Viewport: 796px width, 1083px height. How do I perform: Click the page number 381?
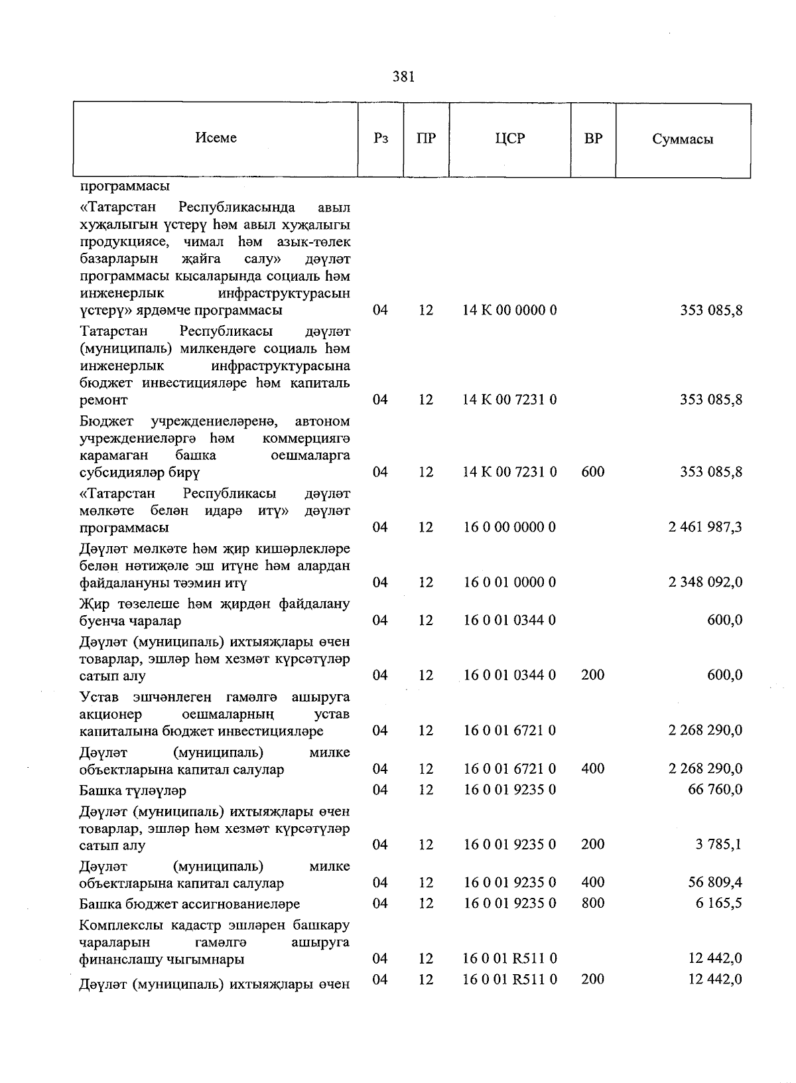click(x=403, y=77)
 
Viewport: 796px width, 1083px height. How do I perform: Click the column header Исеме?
click(x=216, y=138)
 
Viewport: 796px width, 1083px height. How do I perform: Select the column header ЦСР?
click(x=509, y=139)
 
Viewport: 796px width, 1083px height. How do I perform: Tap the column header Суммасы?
click(x=683, y=139)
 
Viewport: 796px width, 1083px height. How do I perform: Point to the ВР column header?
click(x=593, y=139)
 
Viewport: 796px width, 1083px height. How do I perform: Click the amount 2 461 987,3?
click(x=706, y=528)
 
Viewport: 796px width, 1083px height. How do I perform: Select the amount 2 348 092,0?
click(x=706, y=583)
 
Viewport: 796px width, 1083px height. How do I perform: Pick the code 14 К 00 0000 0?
click(x=509, y=310)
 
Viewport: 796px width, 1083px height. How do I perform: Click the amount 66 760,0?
click(x=715, y=790)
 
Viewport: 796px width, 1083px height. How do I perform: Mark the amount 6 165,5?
click(x=718, y=903)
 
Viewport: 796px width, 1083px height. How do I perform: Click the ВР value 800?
click(x=592, y=903)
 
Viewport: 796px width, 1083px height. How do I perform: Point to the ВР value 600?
click(x=592, y=472)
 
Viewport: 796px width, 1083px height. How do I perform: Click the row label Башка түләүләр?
click(x=133, y=791)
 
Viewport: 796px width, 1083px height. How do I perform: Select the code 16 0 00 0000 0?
click(x=509, y=528)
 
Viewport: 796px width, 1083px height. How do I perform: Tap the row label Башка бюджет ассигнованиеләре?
click(x=189, y=904)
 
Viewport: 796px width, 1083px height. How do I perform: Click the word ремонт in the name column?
click(x=103, y=400)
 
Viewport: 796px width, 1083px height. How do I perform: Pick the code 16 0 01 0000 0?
click(x=509, y=583)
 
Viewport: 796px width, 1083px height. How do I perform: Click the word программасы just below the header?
click(x=124, y=186)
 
